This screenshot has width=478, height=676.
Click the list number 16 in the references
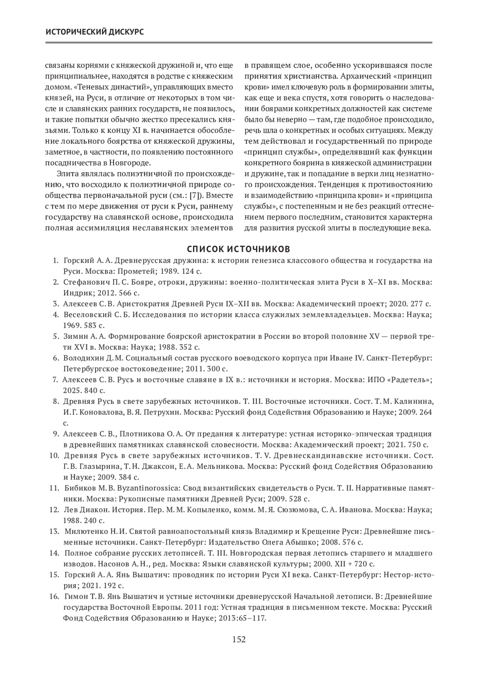(x=54, y=597)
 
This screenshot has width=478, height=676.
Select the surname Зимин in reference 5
(x=73, y=336)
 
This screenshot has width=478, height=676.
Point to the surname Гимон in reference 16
(x=74, y=597)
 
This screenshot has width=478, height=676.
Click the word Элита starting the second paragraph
(x=67, y=174)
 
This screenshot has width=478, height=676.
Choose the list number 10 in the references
(x=54, y=455)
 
